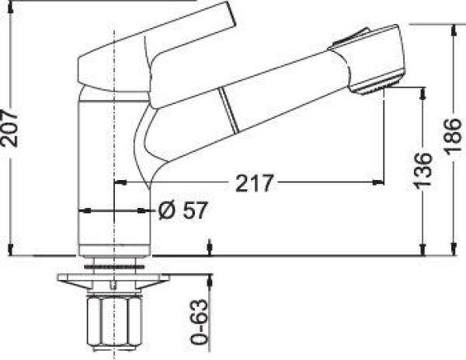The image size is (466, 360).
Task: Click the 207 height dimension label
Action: pyautogui.click(x=9, y=128)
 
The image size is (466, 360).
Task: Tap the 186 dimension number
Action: pyautogui.click(x=453, y=137)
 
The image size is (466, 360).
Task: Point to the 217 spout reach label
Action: pyautogui.click(x=255, y=183)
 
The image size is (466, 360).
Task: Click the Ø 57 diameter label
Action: pyautogui.click(x=182, y=210)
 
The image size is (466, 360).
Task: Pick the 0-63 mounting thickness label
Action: pyautogui.click(x=199, y=322)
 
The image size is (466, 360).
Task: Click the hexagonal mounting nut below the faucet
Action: pyautogui.click(x=114, y=322)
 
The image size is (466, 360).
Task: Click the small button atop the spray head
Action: pyautogui.click(x=349, y=38)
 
